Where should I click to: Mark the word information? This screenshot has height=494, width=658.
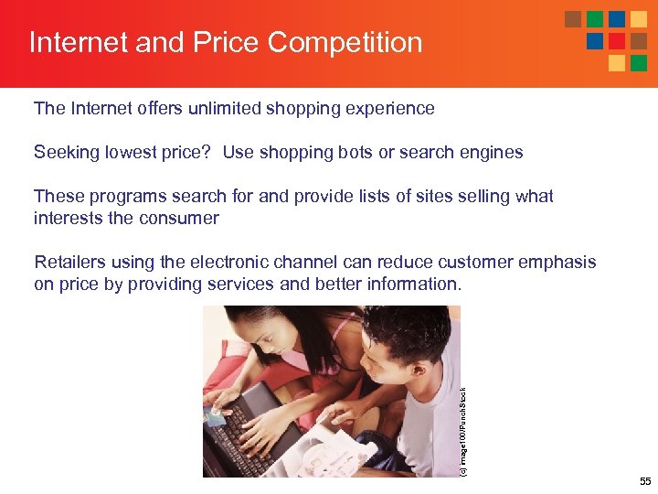point(413,284)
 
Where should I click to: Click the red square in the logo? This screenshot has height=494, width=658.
point(616,40)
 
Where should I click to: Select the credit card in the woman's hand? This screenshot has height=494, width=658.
point(216,416)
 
